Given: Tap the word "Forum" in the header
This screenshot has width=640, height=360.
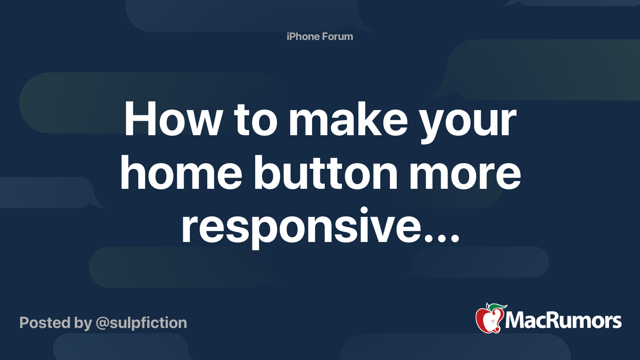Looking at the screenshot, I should click(x=338, y=36).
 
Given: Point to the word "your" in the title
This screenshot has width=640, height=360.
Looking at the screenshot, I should click(x=468, y=122).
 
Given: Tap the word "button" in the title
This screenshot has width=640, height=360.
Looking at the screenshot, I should click(x=326, y=173).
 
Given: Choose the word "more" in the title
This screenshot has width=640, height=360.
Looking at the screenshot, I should click(x=465, y=174).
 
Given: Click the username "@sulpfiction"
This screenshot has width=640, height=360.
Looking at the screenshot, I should click(x=141, y=323).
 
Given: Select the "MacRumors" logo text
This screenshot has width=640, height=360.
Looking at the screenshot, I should click(x=563, y=320).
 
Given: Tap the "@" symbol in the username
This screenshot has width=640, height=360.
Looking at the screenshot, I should click(x=102, y=323).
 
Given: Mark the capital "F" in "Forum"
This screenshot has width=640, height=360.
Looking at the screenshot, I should click(x=326, y=36).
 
